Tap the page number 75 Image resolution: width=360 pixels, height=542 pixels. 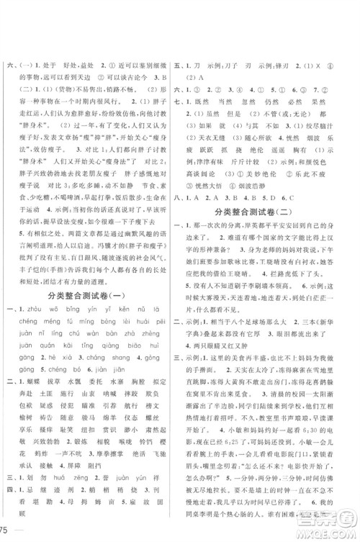coord(7,531)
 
